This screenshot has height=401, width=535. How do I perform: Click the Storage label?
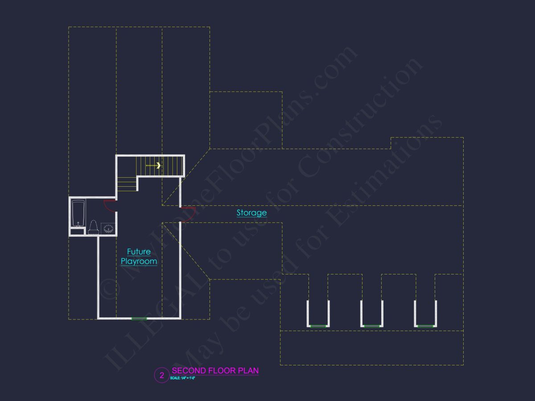[x=251, y=213]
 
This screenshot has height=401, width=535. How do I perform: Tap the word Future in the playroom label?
[x=139, y=252]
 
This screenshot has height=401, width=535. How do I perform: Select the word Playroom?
[x=139, y=262]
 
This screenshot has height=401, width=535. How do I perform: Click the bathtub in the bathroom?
[x=78, y=213]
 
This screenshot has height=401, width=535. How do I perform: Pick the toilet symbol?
[x=93, y=227]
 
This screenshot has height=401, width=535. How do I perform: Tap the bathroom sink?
[x=108, y=229]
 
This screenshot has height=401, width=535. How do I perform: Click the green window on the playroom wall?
[x=139, y=318]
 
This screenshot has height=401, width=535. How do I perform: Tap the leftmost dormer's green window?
[x=318, y=326]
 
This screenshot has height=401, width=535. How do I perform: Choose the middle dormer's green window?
[x=371, y=326]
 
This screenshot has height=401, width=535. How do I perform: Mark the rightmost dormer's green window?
[x=425, y=326]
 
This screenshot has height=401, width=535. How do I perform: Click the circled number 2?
[x=162, y=375]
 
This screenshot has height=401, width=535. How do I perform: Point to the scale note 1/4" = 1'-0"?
[x=183, y=378]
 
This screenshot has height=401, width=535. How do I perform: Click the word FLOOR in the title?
[x=222, y=371]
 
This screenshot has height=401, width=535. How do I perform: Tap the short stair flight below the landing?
[x=127, y=184]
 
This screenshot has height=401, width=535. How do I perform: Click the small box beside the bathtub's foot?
[x=77, y=231]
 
